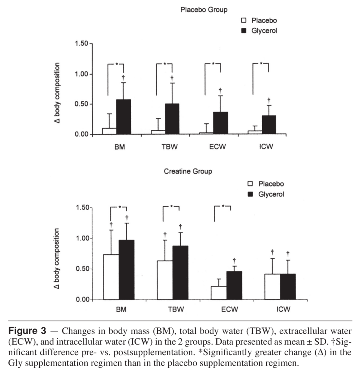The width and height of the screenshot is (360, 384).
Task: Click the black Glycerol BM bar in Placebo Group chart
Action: (x=123, y=117)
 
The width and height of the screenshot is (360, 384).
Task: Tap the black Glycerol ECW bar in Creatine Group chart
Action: (x=234, y=285)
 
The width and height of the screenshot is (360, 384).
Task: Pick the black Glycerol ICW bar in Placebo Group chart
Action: (x=268, y=124)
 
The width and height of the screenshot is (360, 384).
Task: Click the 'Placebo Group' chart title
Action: (x=204, y=10)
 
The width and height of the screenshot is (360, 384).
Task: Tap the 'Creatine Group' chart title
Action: (x=188, y=172)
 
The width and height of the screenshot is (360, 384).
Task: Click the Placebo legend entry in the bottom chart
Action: (x=265, y=184)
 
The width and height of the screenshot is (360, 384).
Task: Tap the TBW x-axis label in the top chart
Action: (x=168, y=147)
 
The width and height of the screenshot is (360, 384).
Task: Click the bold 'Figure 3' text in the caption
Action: (x=27, y=331)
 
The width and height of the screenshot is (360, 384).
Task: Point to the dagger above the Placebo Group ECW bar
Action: (x=220, y=90)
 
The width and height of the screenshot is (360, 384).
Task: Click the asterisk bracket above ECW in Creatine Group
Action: (x=222, y=207)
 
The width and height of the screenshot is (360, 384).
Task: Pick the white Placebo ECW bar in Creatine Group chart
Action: (x=219, y=292)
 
